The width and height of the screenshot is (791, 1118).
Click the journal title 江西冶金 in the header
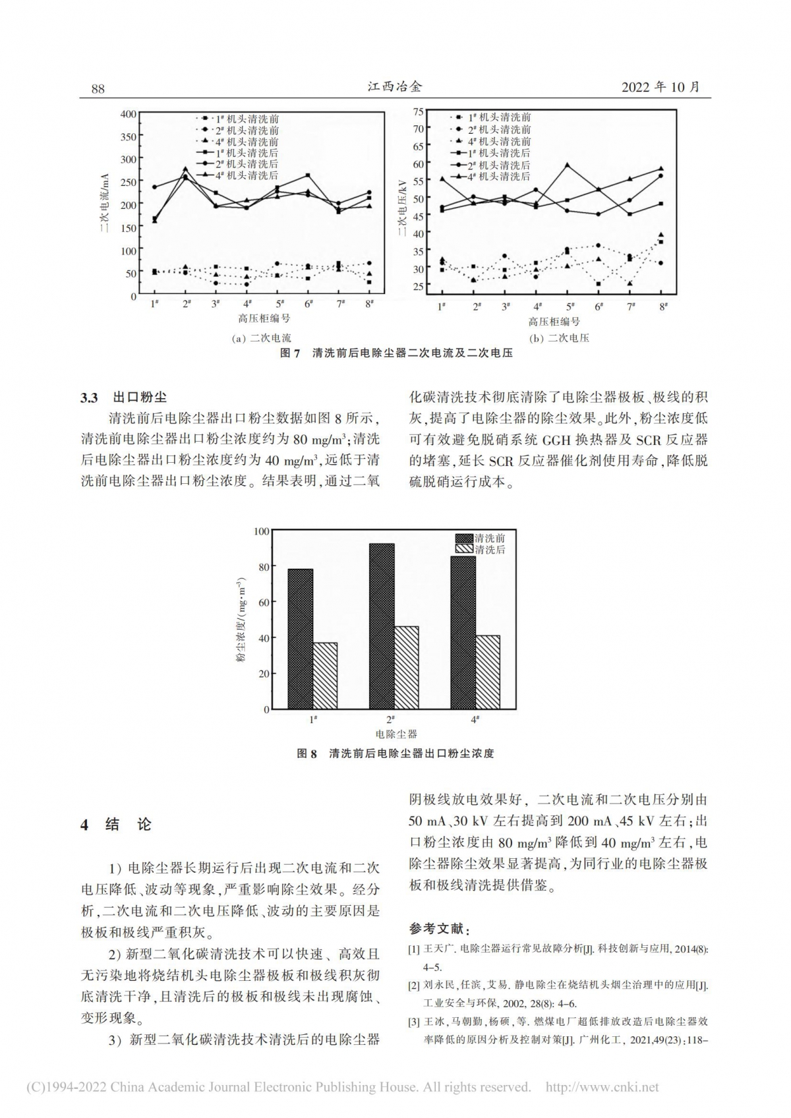394,87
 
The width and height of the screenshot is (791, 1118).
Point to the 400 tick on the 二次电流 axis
129,114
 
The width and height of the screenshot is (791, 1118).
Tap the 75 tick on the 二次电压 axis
418,111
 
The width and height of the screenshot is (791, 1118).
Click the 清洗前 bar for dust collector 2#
382,626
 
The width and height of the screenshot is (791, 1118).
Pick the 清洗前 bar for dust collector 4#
463,633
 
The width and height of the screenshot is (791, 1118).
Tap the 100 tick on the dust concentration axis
262,531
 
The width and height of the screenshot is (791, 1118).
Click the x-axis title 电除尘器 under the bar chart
396,734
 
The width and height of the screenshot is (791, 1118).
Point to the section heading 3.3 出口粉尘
123,397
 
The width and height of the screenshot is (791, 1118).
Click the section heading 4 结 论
116,825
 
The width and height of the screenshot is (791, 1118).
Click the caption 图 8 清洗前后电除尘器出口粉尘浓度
395,753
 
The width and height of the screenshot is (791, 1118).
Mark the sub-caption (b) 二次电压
560,338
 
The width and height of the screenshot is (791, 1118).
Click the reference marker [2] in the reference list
414,986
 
